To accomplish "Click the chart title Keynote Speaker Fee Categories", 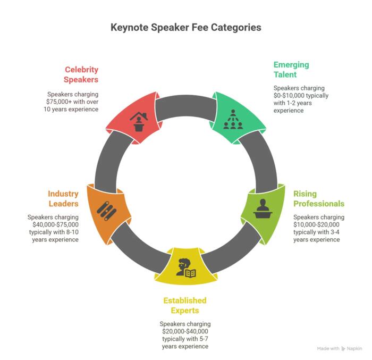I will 186,27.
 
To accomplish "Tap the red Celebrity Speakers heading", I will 81,74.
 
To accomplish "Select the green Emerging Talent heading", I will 291,70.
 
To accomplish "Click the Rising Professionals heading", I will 318,198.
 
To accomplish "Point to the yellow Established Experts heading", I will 184,306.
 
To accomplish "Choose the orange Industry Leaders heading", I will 63,198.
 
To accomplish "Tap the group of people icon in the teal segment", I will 233,120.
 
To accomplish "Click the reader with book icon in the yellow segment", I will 186,267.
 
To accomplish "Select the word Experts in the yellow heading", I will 184,311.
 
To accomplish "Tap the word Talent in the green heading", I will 285,74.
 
